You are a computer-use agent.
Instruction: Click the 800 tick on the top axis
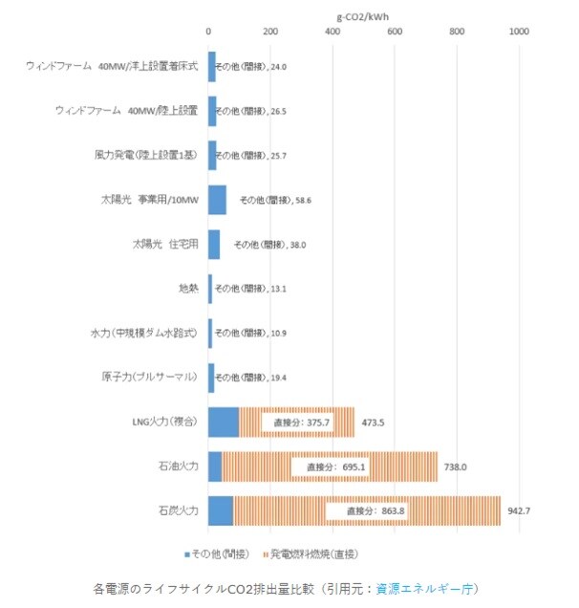pyautogui.click(x=457, y=33)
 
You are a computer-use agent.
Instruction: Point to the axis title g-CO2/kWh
pyautogui.click(x=364, y=15)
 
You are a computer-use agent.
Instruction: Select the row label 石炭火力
pyautogui.click(x=179, y=510)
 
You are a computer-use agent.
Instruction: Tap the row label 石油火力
pyautogui.click(x=179, y=466)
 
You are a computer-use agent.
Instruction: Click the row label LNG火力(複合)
pyautogui.click(x=166, y=422)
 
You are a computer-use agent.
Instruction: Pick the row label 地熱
pyautogui.click(x=188, y=288)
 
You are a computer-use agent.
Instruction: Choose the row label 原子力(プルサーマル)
pyautogui.click(x=151, y=377)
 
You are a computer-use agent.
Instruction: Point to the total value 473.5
pyautogui.click(x=372, y=422)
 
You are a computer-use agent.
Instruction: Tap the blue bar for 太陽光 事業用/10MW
pyautogui.click(x=217, y=200)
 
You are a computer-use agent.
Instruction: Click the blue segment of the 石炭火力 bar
pyautogui.click(x=221, y=510)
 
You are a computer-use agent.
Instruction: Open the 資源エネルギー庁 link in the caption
pyautogui.click(x=427, y=588)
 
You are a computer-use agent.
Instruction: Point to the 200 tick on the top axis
pyautogui.click(x=270, y=33)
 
